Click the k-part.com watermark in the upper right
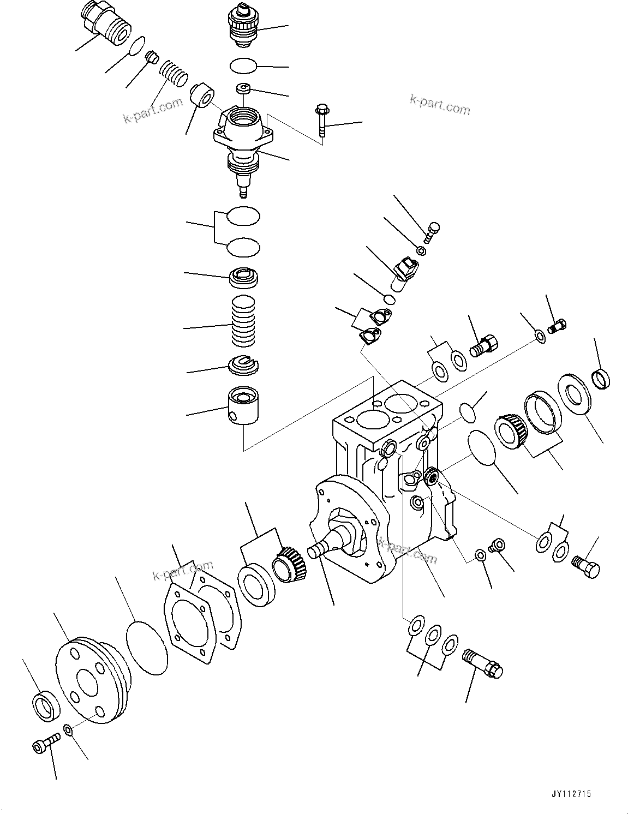tap(439, 105)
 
